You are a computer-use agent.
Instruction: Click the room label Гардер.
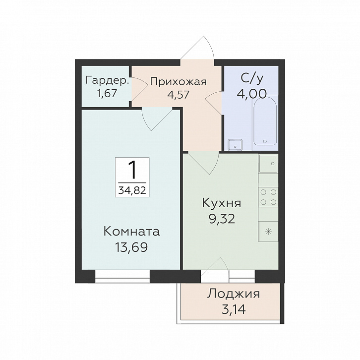pyautogui.click(x=107, y=81)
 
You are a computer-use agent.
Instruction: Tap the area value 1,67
pyautogui.click(x=107, y=94)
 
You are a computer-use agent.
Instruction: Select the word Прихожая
pyautogui.click(x=179, y=82)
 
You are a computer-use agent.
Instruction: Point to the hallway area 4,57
pyautogui.click(x=179, y=94)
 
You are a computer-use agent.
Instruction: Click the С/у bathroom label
pyautogui.click(x=251, y=79)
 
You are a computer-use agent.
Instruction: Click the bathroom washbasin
pyautogui.click(x=235, y=145)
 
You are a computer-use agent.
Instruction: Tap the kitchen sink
pyautogui.click(x=268, y=164)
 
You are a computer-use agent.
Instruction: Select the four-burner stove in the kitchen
pyautogui.click(x=268, y=197)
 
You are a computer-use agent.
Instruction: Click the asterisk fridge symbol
pyautogui.click(x=268, y=232)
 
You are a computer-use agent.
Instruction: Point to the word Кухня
pyautogui.click(x=222, y=203)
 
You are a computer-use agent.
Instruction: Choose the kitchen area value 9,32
pyautogui.click(x=222, y=219)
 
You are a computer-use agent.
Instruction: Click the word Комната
pyautogui.click(x=131, y=232)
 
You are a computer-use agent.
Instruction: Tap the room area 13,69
pyautogui.click(x=131, y=247)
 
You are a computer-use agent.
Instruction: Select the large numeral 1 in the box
pyautogui.click(x=132, y=170)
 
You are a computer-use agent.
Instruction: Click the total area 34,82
pyautogui.click(x=132, y=190)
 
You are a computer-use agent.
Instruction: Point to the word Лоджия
pyautogui.click(x=234, y=294)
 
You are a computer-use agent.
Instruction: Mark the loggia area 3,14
pyautogui.click(x=234, y=309)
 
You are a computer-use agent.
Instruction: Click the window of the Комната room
pyautogui.click(x=122, y=276)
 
